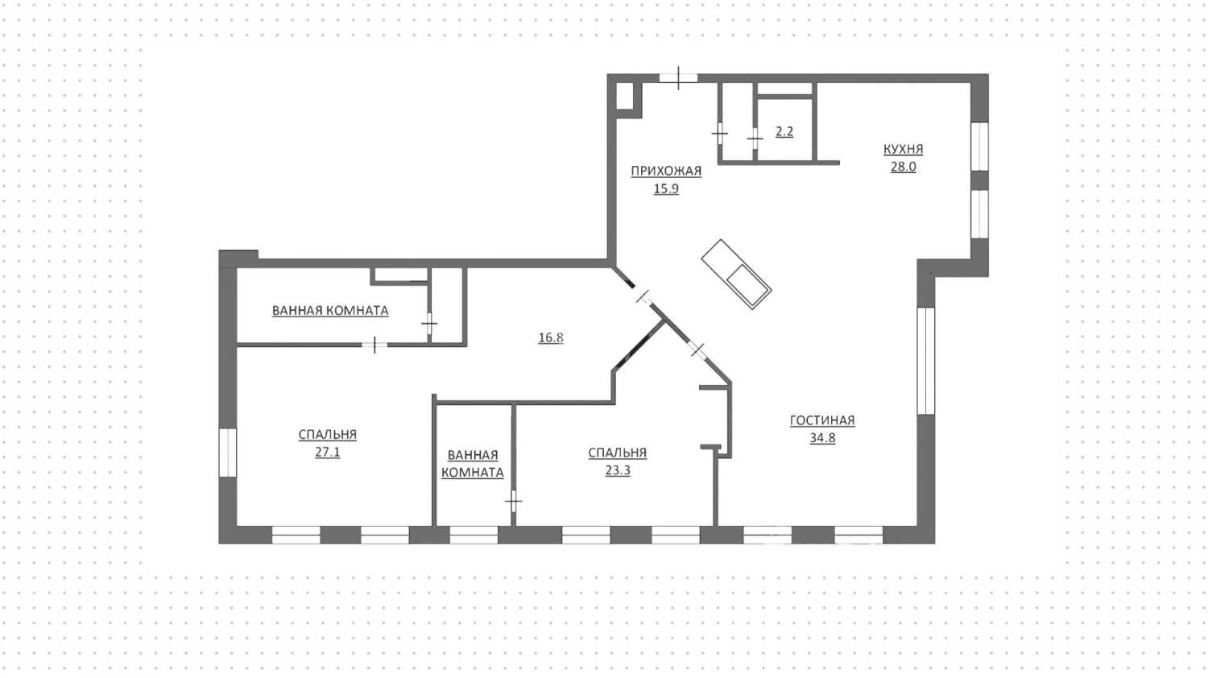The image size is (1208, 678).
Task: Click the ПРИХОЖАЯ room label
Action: pos(666,171)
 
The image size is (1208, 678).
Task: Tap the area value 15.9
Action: pos(666,188)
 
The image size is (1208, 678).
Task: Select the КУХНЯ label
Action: pos(904,149)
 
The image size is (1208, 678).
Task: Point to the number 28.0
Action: pos(904,167)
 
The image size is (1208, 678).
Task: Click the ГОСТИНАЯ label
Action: pos(822,420)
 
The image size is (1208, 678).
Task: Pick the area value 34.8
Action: pos(822,438)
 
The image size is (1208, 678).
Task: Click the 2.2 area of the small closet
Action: pos(784,131)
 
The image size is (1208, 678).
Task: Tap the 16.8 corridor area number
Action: pos(551,337)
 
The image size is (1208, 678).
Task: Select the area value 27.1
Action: pos(327,452)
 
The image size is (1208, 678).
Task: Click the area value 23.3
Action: pos(618,470)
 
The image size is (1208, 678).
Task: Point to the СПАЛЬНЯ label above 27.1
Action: pos(327,434)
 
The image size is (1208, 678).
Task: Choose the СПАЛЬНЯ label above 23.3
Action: pos(618,453)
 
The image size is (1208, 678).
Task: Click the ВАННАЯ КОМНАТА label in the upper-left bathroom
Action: pos(330,311)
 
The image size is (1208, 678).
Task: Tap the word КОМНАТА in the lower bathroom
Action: pos(473,473)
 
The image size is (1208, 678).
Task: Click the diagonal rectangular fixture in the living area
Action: pos(736,274)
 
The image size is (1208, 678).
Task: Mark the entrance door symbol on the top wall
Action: pos(678,77)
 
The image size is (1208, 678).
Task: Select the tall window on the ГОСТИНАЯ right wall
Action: pos(926,361)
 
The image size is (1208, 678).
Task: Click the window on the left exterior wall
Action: pos(228,453)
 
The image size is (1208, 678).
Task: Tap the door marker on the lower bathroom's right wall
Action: pos(514,501)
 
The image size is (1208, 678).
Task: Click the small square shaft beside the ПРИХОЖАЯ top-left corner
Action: pos(624,96)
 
